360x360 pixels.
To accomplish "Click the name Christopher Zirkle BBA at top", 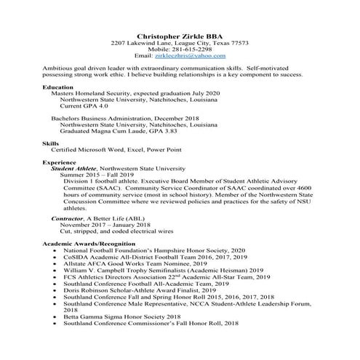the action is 179,35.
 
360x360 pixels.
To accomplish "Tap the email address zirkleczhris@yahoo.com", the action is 191,55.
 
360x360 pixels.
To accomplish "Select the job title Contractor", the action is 66,218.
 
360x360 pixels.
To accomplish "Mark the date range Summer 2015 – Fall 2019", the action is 97,175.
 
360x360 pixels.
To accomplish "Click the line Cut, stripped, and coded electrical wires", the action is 110,231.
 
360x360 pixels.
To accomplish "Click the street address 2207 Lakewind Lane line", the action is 179,42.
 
